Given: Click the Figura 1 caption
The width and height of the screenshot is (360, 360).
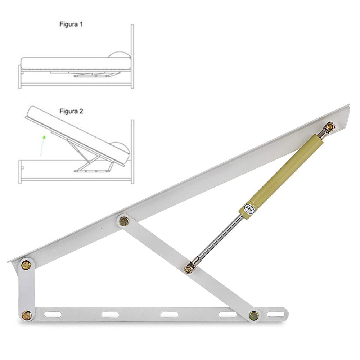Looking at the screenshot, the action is (71, 24).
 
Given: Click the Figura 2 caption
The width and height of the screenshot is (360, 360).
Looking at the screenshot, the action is (71, 111).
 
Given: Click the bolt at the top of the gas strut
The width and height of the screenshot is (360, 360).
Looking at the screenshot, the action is (330, 126).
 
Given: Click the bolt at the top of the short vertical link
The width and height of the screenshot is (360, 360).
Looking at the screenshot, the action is (26, 265).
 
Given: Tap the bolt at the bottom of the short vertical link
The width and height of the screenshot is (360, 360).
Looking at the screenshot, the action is (27, 315).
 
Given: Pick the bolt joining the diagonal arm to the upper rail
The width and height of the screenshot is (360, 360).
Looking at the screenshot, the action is (124, 221).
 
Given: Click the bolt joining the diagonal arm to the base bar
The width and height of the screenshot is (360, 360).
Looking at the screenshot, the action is (254, 316).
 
